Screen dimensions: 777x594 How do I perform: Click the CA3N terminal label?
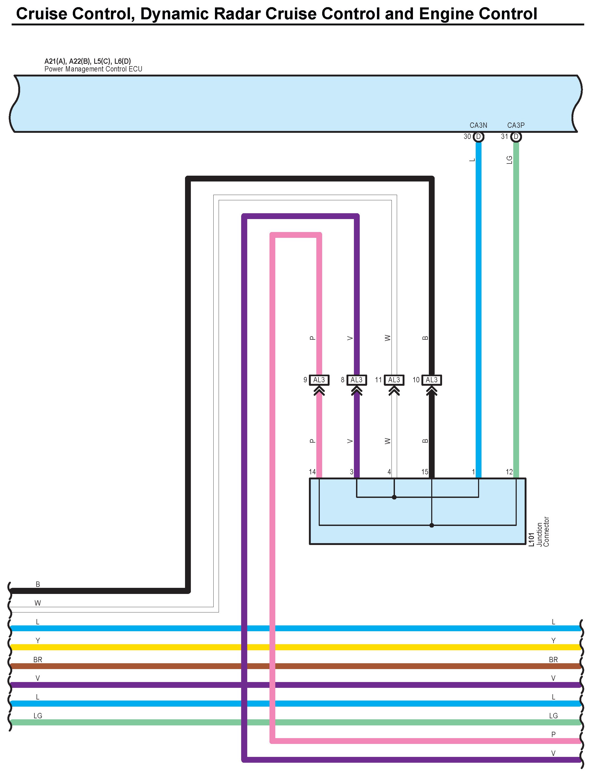pos(478,125)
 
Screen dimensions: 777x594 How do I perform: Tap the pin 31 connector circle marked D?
pos(516,137)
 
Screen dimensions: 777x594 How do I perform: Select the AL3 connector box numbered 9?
pos(319,380)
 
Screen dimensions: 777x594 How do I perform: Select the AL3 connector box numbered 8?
pos(356,380)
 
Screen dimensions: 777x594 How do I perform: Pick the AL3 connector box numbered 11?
pos(394,380)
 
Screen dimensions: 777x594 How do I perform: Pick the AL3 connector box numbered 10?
pos(431,380)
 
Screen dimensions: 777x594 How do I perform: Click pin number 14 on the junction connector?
pos(312,472)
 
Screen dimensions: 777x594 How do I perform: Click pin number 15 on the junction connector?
pos(425,472)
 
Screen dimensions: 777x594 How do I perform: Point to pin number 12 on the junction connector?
pos(509,472)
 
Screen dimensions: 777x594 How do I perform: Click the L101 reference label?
pos(532,540)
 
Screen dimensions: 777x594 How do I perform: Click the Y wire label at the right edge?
pos(553,640)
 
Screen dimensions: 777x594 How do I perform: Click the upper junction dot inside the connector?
pos(394,497)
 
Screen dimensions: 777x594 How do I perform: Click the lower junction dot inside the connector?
pos(431,525)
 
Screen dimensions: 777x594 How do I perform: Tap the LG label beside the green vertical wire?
pos(509,160)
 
